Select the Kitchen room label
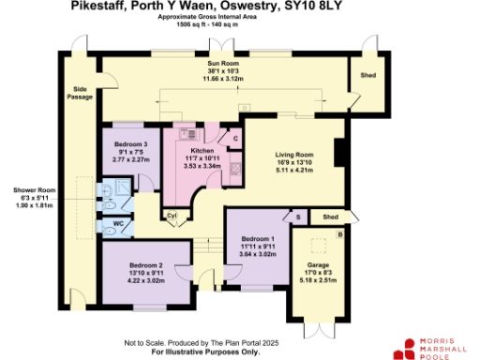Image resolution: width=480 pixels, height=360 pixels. pyautogui.click(x=202, y=150)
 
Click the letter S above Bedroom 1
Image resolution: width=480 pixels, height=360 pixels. pyautogui.click(x=298, y=216)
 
